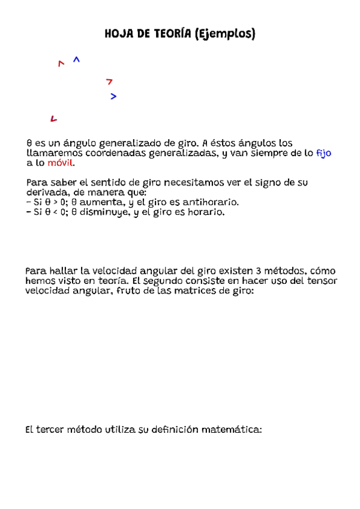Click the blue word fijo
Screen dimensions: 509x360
(323, 153)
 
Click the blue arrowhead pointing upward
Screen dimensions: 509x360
(76, 59)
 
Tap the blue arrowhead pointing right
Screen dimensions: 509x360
(113, 96)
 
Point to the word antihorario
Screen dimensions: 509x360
(208, 202)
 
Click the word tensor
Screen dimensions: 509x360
(323, 281)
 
